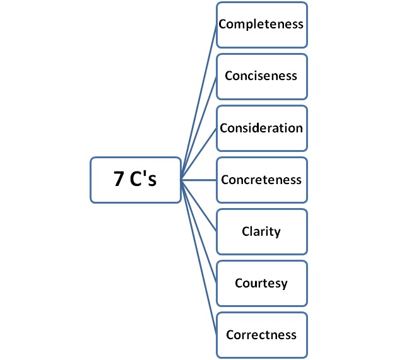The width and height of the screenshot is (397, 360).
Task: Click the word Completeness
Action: pyautogui.click(x=261, y=25)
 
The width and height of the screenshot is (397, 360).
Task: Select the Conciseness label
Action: pyautogui.click(x=261, y=76)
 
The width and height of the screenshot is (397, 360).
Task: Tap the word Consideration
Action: pyautogui.click(x=261, y=128)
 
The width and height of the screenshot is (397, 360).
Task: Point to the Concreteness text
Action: pyautogui.click(x=261, y=180)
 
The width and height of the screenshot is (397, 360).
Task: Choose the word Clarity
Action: pyautogui.click(x=261, y=231)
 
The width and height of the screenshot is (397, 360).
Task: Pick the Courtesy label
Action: pyautogui.click(x=261, y=283)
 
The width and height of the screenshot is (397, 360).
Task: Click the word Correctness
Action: pyautogui.click(x=261, y=334)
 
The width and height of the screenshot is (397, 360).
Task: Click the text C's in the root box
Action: pyautogui.click(x=144, y=180)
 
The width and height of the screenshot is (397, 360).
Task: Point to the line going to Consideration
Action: pyautogui.click(x=199, y=154)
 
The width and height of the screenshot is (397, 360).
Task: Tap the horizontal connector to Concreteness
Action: pyautogui.click(x=199, y=180)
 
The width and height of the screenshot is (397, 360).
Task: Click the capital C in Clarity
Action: pyautogui.click(x=246, y=231)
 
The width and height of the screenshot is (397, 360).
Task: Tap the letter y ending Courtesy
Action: pyautogui.click(x=284, y=284)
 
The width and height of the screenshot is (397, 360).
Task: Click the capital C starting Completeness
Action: pyautogui.click(x=223, y=25)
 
